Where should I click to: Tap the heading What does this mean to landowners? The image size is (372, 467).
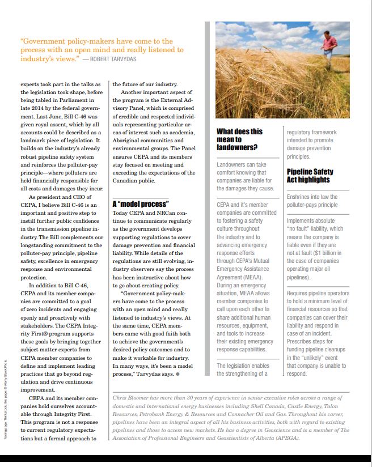pyautogui.click(x=240, y=139)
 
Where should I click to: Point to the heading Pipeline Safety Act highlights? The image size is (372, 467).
pyautogui.click(x=310, y=176)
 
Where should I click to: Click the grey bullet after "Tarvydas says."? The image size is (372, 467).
pyautogui.click(x=177, y=374)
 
